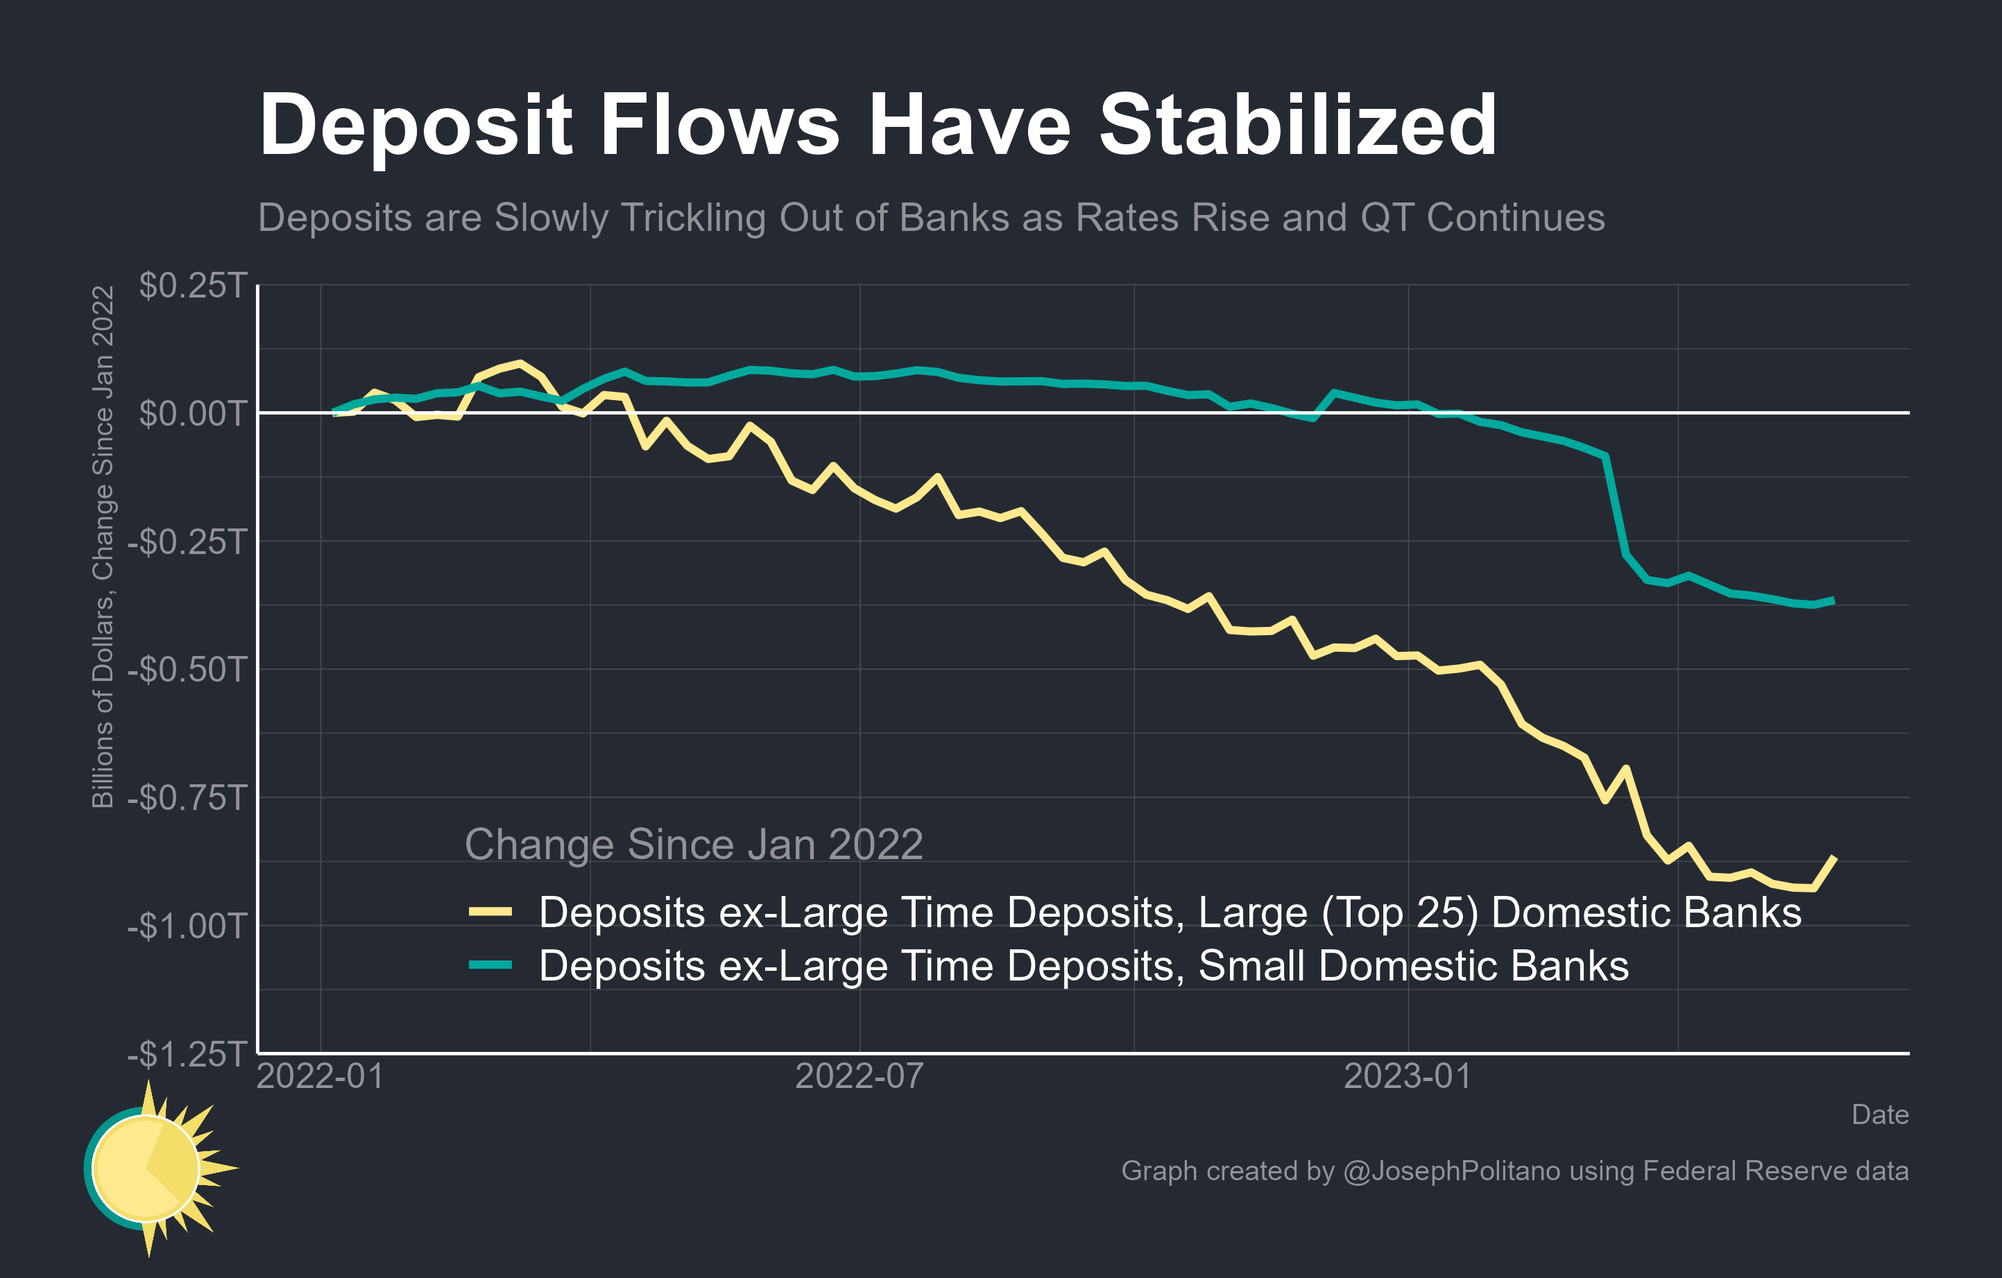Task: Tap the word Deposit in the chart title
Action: (x=416, y=126)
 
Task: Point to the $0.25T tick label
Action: (x=193, y=285)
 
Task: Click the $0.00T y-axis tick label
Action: (x=193, y=413)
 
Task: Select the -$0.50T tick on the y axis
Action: (x=187, y=669)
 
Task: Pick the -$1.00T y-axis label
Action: (x=187, y=925)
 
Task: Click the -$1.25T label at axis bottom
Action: (x=187, y=1053)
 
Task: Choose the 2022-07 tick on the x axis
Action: (x=859, y=1077)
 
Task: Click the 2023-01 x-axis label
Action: (x=1408, y=1077)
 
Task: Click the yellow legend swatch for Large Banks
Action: (x=490, y=912)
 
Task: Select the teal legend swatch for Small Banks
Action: (x=490, y=965)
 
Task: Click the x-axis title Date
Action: (x=1879, y=1114)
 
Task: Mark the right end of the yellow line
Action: (x=1834, y=856)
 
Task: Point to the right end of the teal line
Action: (x=1834, y=600)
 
